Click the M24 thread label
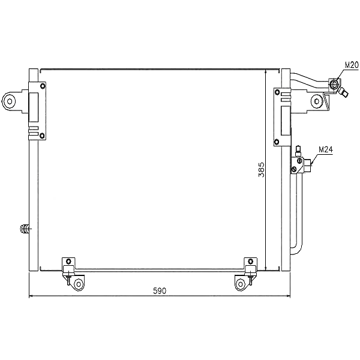[x=325, y=149]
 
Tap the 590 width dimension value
[x=159, y=291]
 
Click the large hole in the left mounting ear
[x=10, y=101]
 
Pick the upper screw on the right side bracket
[x=277, y=92]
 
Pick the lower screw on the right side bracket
[x=277, y=142]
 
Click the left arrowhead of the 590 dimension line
[x=31, y=296]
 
